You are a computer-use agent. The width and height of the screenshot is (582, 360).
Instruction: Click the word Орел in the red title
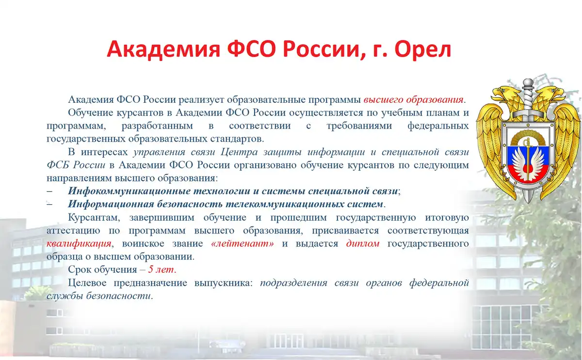[x=422, y=49]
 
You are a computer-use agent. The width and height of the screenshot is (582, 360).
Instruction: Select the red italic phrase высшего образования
[x=413, y=99]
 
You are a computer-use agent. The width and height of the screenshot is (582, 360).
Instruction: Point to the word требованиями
[x=359, y=126]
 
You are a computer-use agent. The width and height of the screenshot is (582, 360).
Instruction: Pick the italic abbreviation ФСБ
[x=58, y=165]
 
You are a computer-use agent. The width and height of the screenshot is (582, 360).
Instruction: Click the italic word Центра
[x=239, y=152]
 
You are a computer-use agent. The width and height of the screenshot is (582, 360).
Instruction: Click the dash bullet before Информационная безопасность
[x=49, y=204]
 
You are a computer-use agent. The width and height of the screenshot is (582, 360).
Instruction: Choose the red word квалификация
[x=79, y=244]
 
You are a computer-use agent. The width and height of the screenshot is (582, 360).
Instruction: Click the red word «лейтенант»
[x=242, y=244]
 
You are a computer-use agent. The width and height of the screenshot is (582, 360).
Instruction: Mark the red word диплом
[x=363, y=244]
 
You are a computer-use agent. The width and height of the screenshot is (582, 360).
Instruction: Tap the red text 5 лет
[x=161, y=270]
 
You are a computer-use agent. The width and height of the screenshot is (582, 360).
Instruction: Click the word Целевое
[x=87, y=282]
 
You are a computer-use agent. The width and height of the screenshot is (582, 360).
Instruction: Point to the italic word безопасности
[x=118, y=296]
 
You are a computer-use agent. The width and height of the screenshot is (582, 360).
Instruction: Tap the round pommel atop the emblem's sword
[x=528, y=84]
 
